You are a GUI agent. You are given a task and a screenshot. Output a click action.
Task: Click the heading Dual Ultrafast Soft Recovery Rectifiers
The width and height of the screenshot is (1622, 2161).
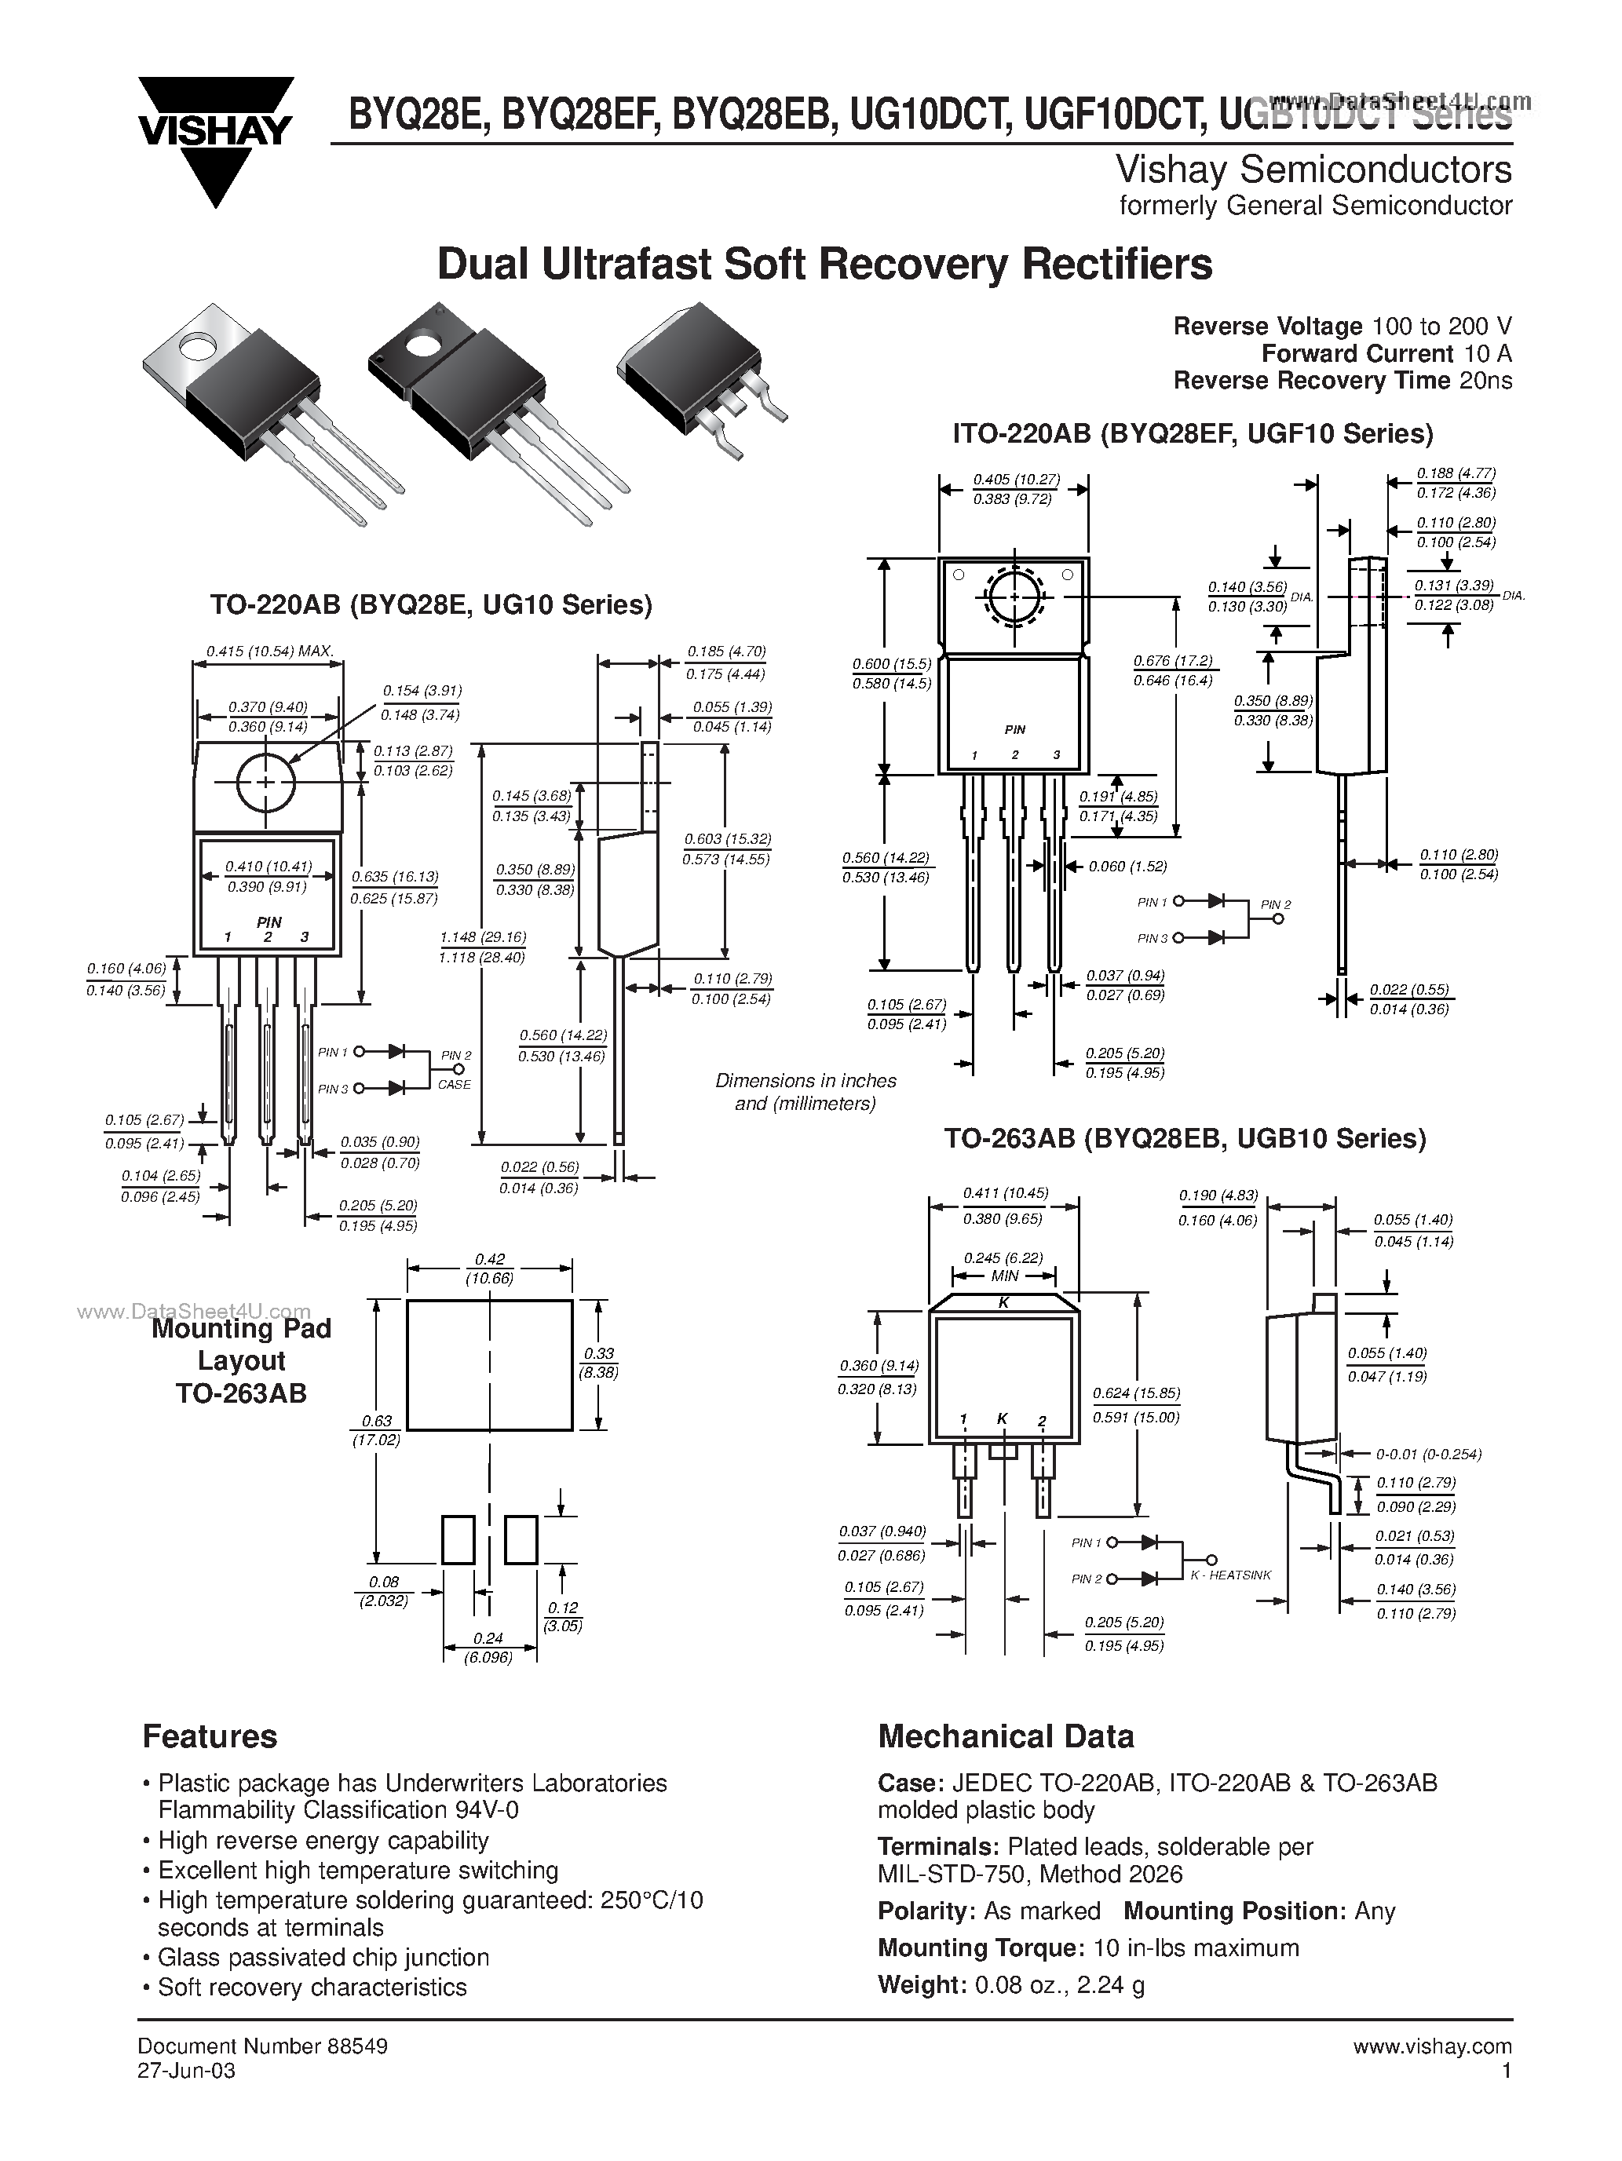pos(824,265)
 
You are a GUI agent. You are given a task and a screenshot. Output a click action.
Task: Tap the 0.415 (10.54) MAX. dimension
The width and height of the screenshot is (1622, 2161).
pos(270,651)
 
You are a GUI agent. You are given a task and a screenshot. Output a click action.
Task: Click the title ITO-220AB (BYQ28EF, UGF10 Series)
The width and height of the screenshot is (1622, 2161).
pos(1192,434)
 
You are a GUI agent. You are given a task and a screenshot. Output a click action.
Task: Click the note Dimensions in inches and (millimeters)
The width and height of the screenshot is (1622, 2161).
pos(806,1092)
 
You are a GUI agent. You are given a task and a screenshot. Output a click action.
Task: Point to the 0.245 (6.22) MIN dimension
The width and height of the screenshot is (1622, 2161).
pos(1003,1266)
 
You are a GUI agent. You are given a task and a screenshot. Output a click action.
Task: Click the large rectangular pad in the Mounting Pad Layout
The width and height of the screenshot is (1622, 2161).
pos(488,1365)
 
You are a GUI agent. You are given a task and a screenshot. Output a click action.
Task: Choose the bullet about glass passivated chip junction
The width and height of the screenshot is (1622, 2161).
pos(323,1958)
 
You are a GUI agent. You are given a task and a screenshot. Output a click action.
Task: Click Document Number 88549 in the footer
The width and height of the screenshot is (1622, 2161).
pos(263,2046)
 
